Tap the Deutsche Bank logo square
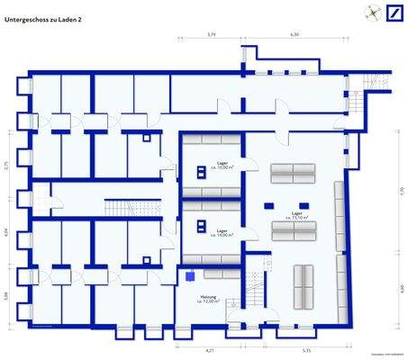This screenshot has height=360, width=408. pyautogui.click(x=394, y=13)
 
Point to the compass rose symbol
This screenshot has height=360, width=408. pyautogui.click(x=370, y=12)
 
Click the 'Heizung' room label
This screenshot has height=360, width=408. pyautogui.click(x=210, y=295)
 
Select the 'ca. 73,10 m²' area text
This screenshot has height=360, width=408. pyautogui.click(x=298, y=218)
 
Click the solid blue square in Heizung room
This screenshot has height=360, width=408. pyautogui.click(x=191, y=276)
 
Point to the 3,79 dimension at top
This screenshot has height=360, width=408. pyautogui.click(x=212, y=34)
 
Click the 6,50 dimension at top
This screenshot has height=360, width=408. pyautogui.click(x=295, y=34)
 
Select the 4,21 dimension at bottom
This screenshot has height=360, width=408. pyautogui.click(x=210, y=349)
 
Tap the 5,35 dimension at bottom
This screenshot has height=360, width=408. pyautogui.click(x=306, y=349)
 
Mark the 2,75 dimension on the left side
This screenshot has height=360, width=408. pyautogui.click(x=5, y=165)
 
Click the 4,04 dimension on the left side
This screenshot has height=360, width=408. pyautogui.click(x=5, y=232)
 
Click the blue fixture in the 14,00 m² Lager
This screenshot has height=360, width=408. pyautogui.click(x=200, y=227)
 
